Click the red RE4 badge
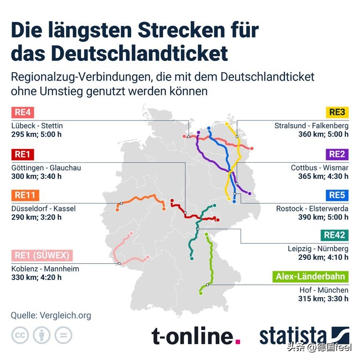[22, 112]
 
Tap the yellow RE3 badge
[337, 112]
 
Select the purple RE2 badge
[337, 154]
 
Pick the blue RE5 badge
[337, 195]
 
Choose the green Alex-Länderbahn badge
[310, 276]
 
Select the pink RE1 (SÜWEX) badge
[42, 255]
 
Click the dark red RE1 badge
[22, 154]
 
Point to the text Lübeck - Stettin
[37, 126]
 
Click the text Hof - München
[324, 290]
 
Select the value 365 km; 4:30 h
[323, 176]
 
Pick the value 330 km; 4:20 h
[37, 277]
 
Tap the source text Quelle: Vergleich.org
[51, 315]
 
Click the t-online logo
[196, 336]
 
